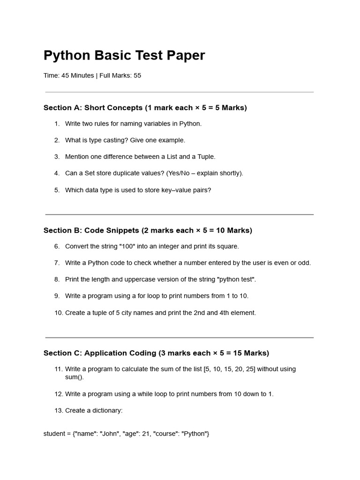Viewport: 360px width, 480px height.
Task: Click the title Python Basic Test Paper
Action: [x=124, y=55]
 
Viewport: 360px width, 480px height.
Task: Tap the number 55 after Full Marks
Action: [x=137, y=75]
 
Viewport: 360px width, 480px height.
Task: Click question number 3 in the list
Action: [x=57, y=157]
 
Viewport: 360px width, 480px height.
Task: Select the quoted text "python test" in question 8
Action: [x=236, y=279]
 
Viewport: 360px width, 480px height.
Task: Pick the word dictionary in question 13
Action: [x=107, y=411]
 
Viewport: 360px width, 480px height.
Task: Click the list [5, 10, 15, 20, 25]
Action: [x=230, y=369]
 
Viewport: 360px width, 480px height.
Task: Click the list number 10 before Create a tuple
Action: [x=59, y=313]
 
